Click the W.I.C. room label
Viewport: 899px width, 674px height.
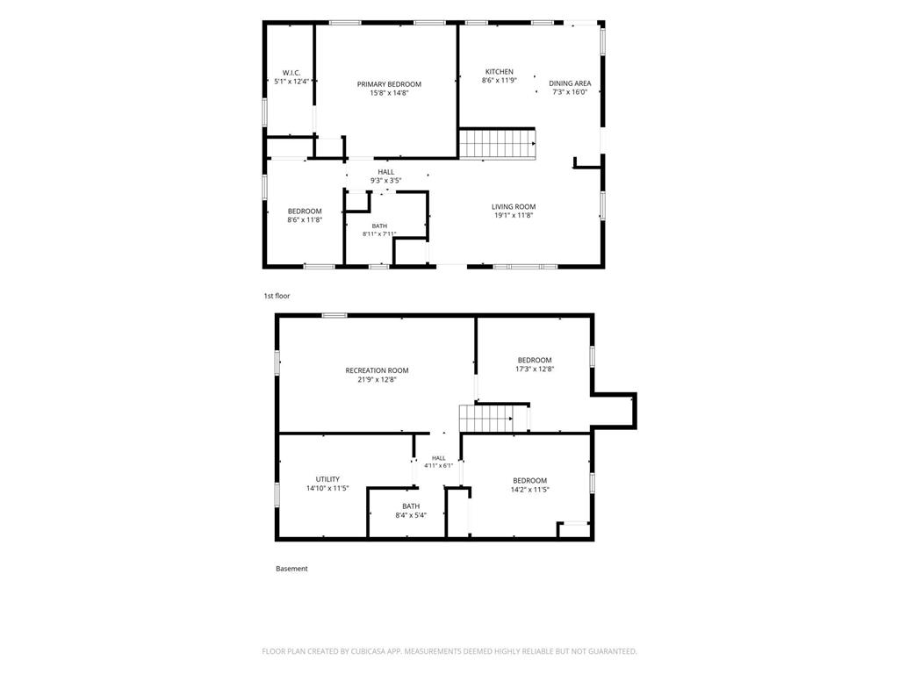click(291, 73)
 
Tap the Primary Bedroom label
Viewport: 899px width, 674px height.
click(389, 84)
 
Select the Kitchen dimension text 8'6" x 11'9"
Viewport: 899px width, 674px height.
click(500, 81)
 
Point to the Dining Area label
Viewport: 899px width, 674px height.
click(570, 83)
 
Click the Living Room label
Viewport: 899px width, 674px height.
click(514, 206)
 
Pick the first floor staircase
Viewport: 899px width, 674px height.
click(498, 143)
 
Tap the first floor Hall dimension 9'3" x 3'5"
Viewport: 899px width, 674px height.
click(386, 181)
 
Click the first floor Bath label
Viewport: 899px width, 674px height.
click(379, 226)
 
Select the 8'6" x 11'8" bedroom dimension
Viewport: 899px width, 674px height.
click(305, 219)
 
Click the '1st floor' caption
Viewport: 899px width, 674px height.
click(277, 296)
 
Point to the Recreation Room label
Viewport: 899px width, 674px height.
click(377, 370)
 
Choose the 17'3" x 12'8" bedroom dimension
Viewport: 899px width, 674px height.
click(535, 369)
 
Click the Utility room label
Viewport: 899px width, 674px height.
click(328, 479)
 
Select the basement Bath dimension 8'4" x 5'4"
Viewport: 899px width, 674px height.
click(411, 515)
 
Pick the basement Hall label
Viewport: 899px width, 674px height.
click(439, 458)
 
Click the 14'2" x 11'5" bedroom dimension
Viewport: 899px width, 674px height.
click(530, 490)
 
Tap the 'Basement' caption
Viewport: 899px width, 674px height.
click(291, 569)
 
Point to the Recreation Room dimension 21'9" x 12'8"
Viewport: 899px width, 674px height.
click(378, 379)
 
